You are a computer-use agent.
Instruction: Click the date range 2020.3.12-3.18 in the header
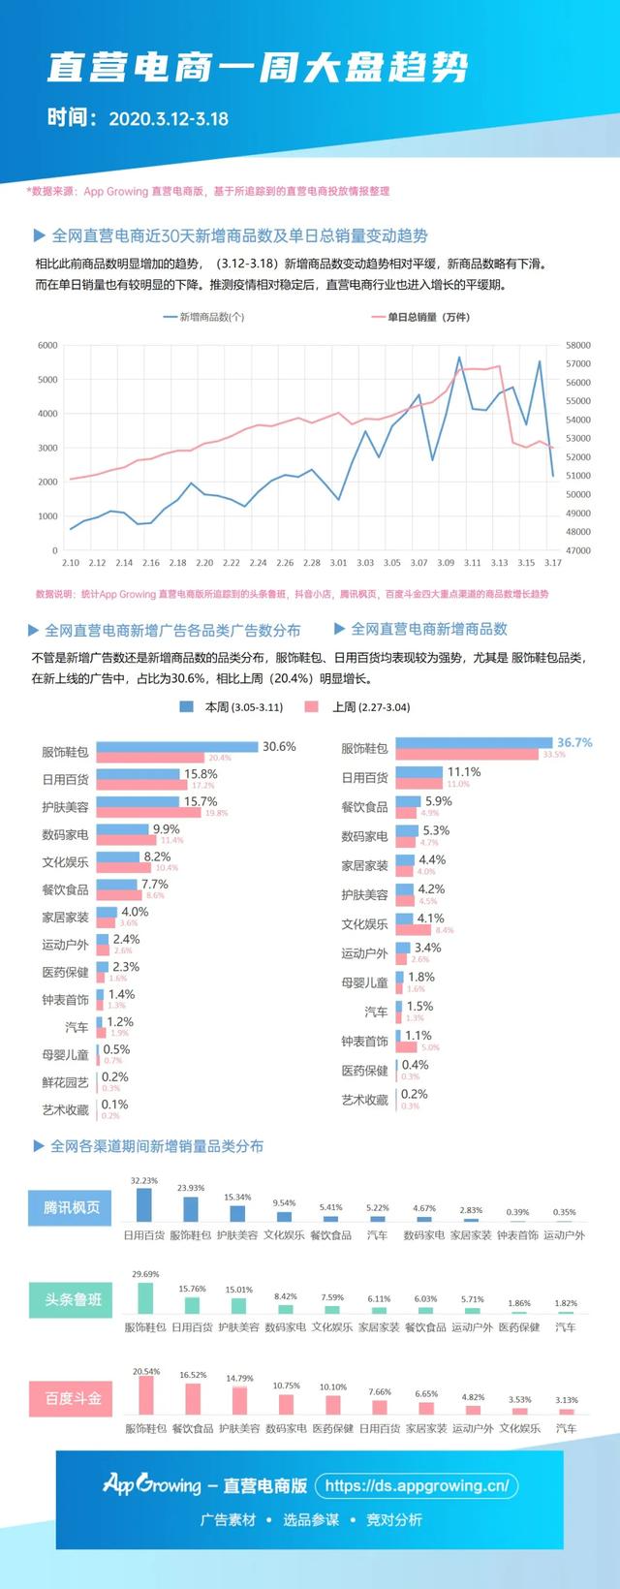pyautogui.click(x=169, y=119)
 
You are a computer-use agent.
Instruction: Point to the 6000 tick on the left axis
pyautogui.click(x=47, y=345)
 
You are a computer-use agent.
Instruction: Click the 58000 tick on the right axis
pyautogui.click(x=578, y=345)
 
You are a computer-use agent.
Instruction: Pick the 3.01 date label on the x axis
pyautogui.click(x=338, y=563)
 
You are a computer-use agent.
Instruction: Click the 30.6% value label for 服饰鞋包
pyautogui.click(x=279, y=747)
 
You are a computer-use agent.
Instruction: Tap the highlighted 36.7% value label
pyautogui.click(x=574, y=742)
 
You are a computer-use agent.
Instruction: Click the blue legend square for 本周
pyautogui.click(x=187, y=707)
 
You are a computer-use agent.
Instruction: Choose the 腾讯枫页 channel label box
pyautogui.click(x=72, y=1208)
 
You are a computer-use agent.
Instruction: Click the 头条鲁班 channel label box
pyautogui.click(x=73, y=1299)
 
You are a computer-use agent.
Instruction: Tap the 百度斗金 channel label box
pyautogui.click(x=73, y=1399)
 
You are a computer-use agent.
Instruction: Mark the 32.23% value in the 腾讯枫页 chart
pyautogui.click(x=143, y=1181)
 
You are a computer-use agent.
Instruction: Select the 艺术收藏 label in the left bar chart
pyautogui.click(x=65, y=1110)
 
